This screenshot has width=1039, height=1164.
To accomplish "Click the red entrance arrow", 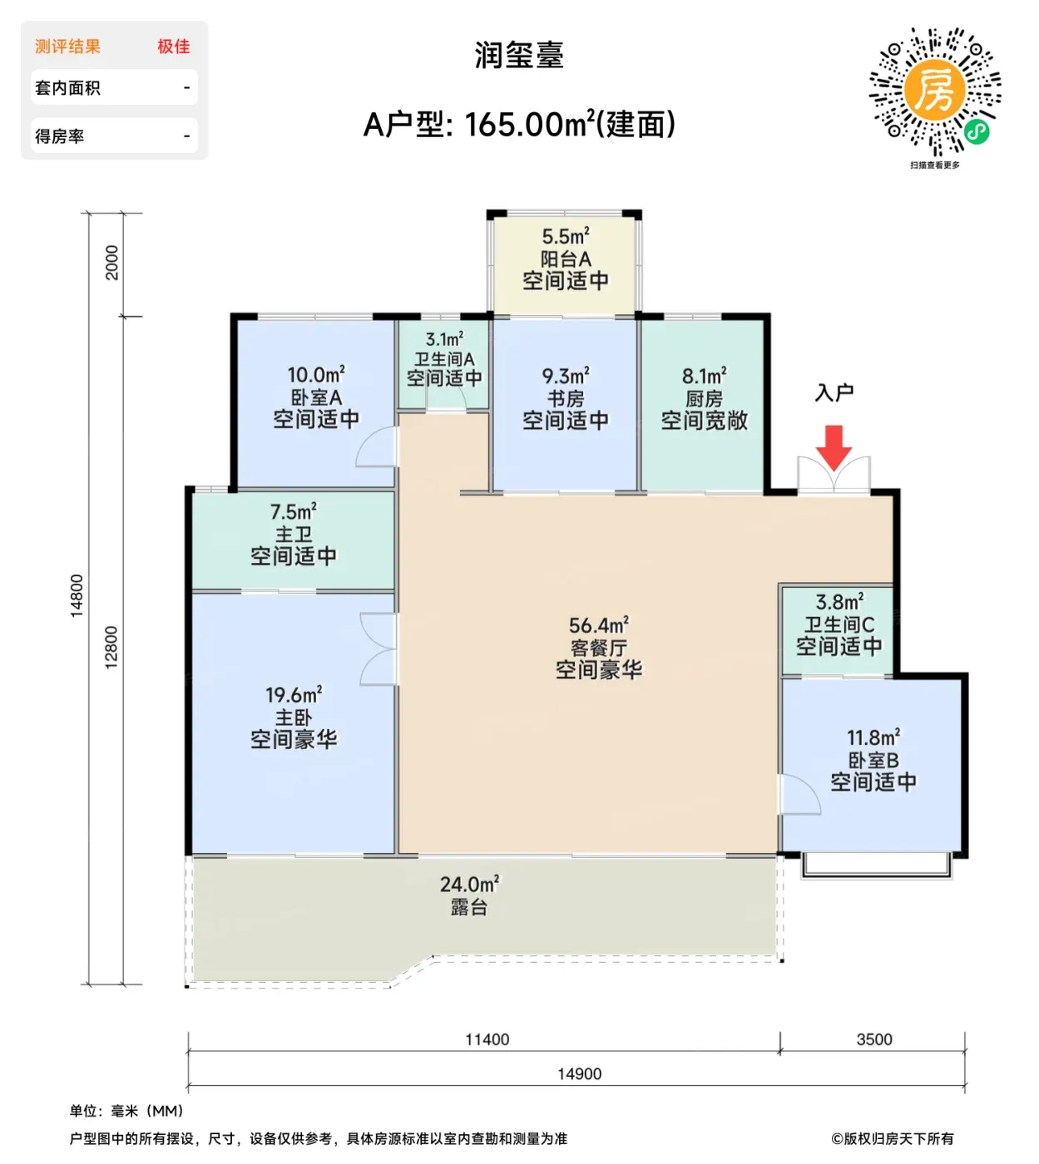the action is click(x=834, y=447).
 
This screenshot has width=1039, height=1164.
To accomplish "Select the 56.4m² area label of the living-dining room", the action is click(x=599, y=624).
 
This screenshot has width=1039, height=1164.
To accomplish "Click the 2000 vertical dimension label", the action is click(x=112, y=263).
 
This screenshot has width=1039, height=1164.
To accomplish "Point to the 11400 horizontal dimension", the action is click(x=487, y=1039).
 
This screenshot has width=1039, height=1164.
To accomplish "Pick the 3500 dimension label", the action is click(x=874, y=1039).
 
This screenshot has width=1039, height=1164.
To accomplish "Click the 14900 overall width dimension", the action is click(x=580, y=1074).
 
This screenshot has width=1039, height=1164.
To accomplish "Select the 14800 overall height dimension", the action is click(x=77, y=596).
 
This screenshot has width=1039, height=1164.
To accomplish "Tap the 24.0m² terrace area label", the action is click(x=470, y=884).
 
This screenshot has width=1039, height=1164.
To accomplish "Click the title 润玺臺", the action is click(x=519, y=55).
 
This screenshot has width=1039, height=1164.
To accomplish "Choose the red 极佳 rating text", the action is click(x=174, y=47).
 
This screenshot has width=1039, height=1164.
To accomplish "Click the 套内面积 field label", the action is click(x=68, y=88).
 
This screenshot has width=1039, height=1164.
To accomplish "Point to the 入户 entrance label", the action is click(x=834, y=393).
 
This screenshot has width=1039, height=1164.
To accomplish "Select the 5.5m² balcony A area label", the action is click(x=565, y=236).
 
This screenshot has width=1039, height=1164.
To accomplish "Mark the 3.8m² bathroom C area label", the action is click(x=839, y=601).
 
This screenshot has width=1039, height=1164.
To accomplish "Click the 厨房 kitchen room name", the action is click(x=704, y=398).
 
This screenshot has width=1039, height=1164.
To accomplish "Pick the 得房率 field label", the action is click(x=60, y=136).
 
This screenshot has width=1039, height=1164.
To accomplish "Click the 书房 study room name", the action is click(x=565, y=398).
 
